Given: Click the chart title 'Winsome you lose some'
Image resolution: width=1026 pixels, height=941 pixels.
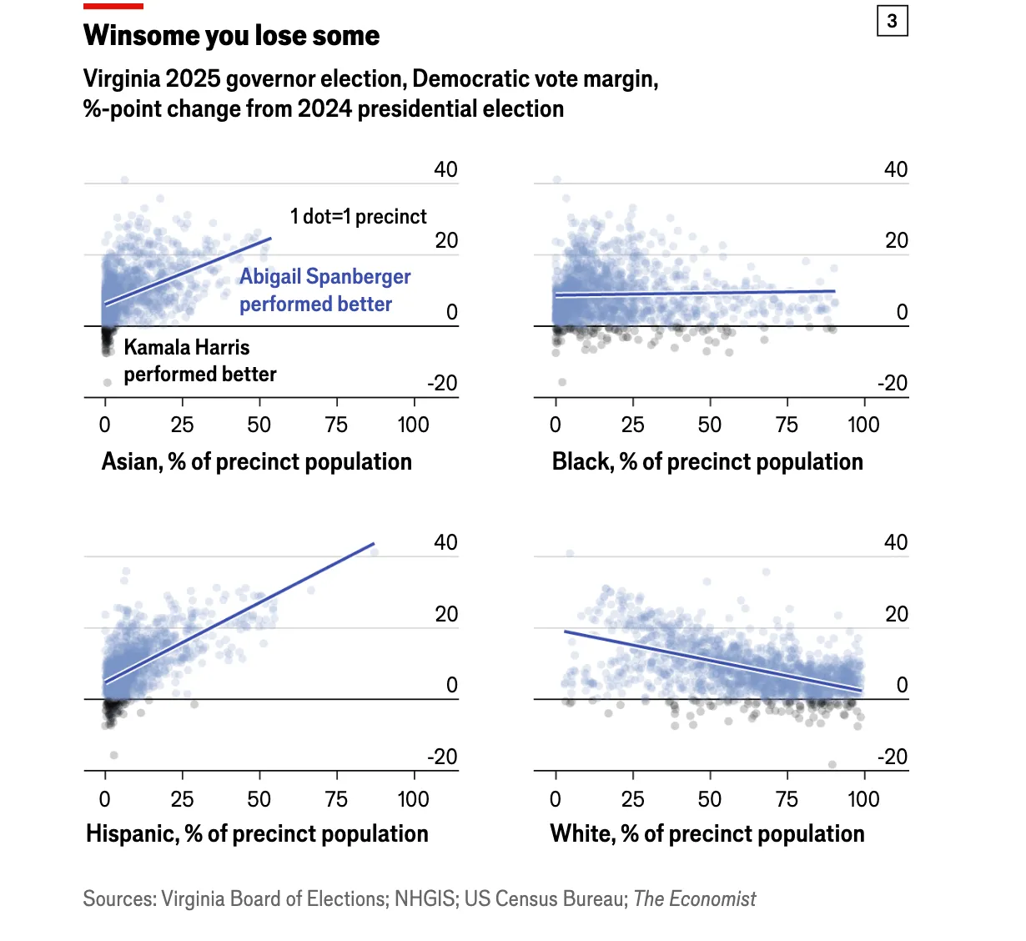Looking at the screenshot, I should [x=231, y=36].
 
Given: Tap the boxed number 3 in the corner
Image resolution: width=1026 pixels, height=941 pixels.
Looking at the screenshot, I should [x=892, y=21].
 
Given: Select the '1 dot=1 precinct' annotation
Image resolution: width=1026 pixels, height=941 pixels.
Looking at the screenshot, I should [x=358, y=217].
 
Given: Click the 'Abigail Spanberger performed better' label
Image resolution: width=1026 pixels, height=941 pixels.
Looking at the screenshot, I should [x=324, y=290].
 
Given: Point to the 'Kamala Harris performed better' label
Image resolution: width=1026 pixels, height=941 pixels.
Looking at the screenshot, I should [x=199, y=360].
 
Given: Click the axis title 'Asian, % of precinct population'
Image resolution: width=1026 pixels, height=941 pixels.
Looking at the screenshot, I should [x=256, y=461].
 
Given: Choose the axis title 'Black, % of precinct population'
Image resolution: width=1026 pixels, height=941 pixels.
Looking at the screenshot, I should [x=707, y=461].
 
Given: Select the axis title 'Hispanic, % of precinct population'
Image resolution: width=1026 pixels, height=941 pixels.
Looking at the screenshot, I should [x=257, y=833].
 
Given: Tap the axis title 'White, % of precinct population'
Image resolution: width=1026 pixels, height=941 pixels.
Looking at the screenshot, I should [x=707, y=833].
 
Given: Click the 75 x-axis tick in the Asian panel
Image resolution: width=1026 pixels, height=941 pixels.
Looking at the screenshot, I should [x=336, y=425].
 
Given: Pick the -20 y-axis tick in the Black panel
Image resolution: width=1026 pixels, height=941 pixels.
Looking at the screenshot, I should [x=892, y=384].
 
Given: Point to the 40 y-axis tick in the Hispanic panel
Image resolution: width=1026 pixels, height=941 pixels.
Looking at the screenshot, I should [x=445, y=542].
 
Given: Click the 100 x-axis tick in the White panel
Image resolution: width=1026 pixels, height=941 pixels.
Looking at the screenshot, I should [x=863, y=799].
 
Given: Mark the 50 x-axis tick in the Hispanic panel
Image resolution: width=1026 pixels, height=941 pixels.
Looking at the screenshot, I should [x=259, y=799].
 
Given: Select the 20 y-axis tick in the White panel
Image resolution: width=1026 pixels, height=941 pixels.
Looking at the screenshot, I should [x=896, y=614].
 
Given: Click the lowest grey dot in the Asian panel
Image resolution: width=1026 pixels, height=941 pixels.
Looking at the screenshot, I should [x=108, y=383].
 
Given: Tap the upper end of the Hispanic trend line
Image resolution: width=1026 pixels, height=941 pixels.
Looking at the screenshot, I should [x=374, y=544].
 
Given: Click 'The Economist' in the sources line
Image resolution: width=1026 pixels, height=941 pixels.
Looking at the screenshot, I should [x=694, y=898].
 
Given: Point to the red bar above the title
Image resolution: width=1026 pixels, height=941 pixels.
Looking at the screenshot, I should [x=113, y=7].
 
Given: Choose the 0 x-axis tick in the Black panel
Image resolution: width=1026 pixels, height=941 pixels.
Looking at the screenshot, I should [x=556, y=425].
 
